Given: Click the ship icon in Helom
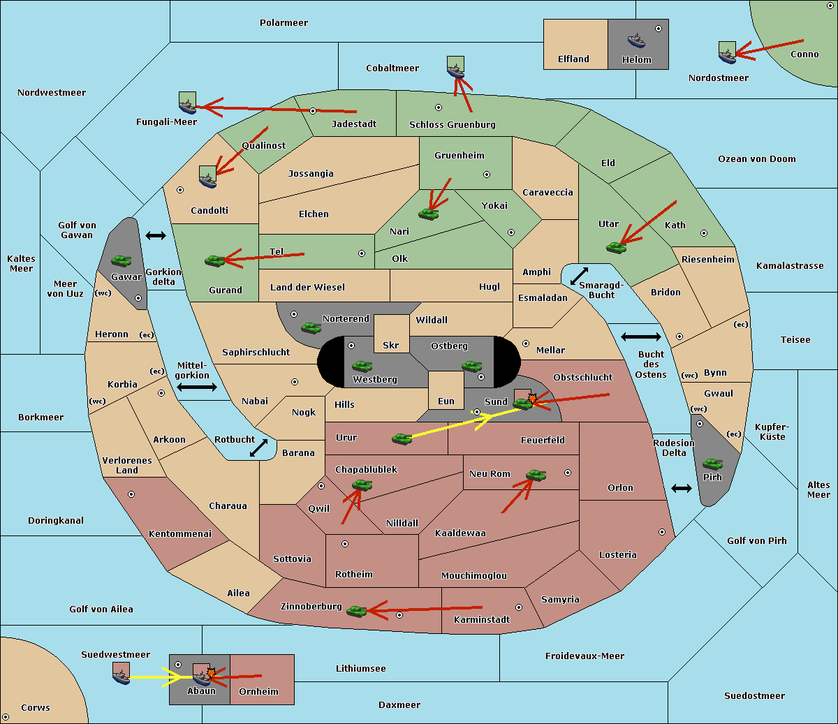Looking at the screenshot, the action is (636, 40).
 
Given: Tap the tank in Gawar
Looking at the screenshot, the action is (121, 260).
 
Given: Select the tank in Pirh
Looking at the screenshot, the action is (712, 464).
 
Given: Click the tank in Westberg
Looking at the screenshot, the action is (362, 366).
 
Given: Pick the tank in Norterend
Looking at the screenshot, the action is (311, 327).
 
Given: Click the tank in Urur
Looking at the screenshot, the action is (402, 439).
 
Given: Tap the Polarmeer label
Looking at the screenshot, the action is (284, 23).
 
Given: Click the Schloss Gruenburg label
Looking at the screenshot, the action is (452, 124).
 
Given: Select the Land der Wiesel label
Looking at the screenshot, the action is (307, 287).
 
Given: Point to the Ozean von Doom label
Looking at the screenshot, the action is (756, 159).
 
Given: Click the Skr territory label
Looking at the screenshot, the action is (391, 345).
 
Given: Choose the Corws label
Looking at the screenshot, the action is (36, 707).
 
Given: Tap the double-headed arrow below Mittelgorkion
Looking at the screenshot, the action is (197, 387).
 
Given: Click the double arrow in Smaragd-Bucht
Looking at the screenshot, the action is (579, 276).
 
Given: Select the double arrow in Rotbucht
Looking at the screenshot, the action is (258, 448).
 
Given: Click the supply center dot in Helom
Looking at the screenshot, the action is (659, 29).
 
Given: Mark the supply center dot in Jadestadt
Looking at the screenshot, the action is (313, 111).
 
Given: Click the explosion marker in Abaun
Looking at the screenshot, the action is (211, 673).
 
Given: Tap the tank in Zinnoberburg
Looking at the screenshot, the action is (356, 612).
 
